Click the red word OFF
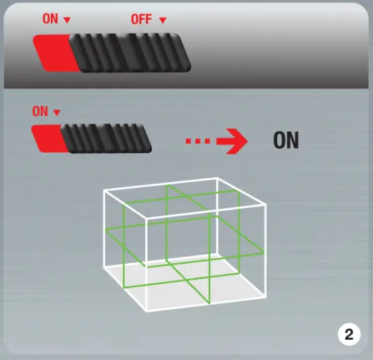pos(140,19)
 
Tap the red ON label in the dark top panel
pos(51,19)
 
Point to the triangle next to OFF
pos(162,20)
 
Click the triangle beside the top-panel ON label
pos(66,20)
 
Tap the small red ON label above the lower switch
pos(40,111)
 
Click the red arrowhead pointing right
pos(235,142)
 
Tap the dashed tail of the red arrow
pos(200,142)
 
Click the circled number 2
pos(349,334)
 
